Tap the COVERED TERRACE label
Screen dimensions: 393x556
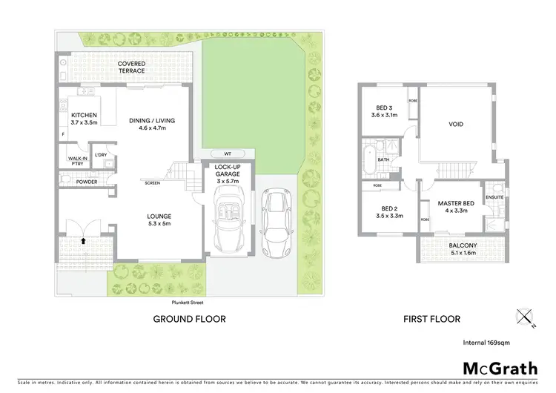tap(132, 68)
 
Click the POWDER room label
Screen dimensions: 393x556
tap(86, 180)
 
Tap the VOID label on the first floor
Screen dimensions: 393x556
tap(457, 124)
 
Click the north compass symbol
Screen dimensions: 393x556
tap(527, 318)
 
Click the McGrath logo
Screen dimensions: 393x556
tap(501, 369)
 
